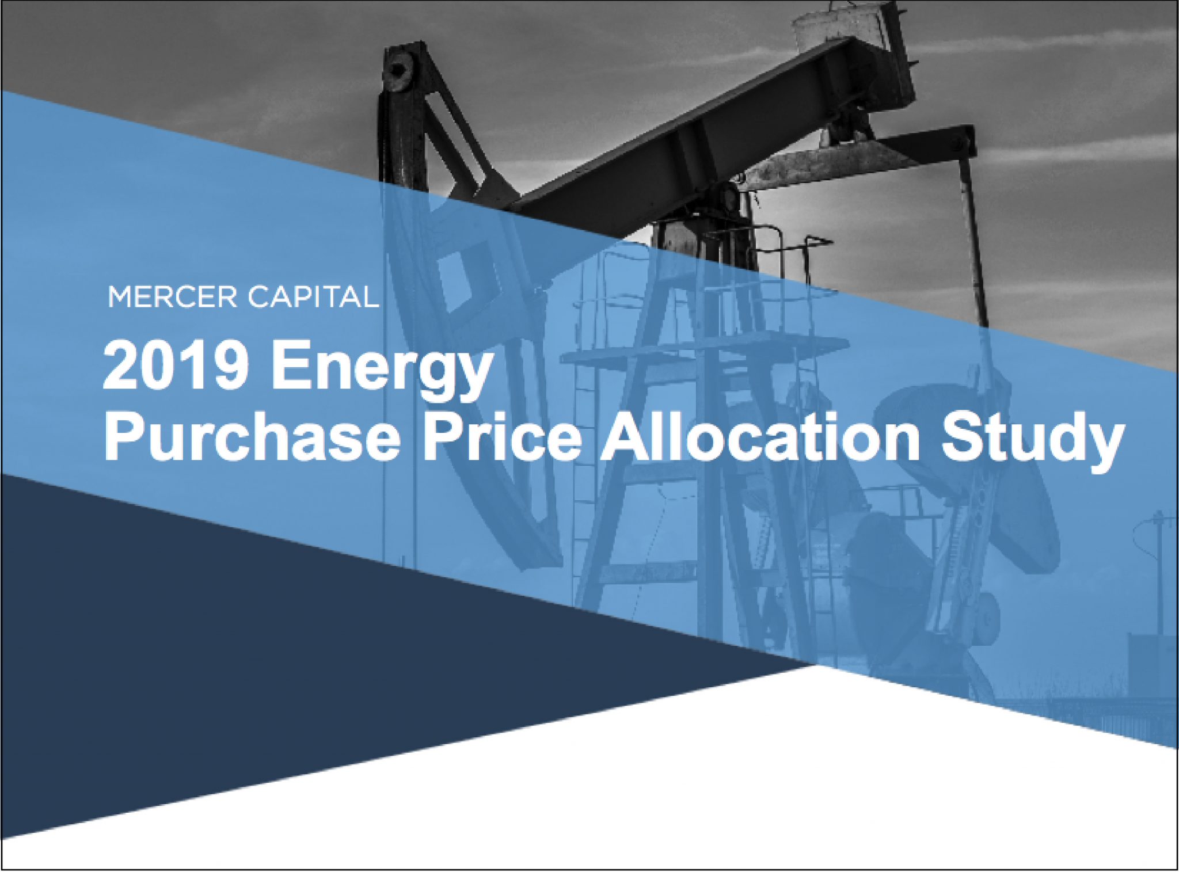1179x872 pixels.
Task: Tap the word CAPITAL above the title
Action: [x=313, y=297]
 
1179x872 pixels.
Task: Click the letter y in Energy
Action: [x=473, y=380]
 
